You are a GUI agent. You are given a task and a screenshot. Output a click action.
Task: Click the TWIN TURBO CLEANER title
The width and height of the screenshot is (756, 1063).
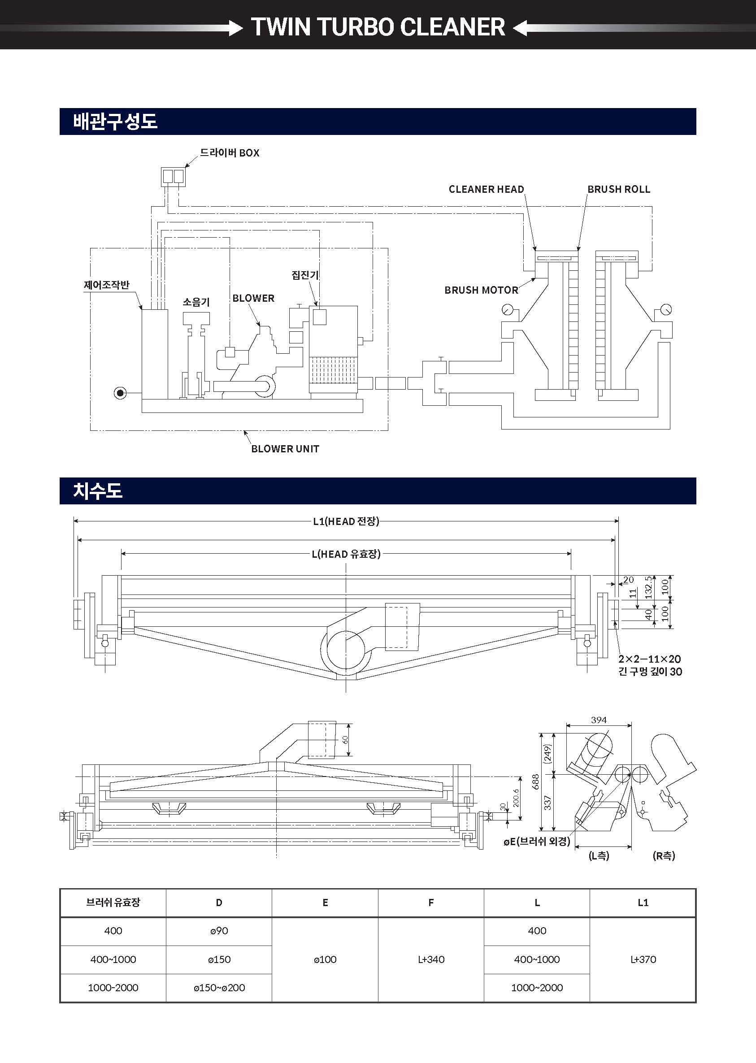pyautogui.click(x=378, y=26)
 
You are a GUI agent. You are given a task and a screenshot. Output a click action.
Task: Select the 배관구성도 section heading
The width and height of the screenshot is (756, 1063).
pyautogui.click(x=115, y=121)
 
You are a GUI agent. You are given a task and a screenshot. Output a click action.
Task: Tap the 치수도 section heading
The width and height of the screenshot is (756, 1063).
pyautogui.click(x=97, y=491)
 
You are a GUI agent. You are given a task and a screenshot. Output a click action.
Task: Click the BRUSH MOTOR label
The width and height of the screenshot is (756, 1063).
pyautogui.click(x=481, y=290)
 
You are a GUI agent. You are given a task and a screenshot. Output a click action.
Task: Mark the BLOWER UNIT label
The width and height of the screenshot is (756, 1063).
pyautogui.click(x=285, y=449)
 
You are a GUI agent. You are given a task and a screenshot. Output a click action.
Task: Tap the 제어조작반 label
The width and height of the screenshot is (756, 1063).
pyautogui.click(x=107, y=285)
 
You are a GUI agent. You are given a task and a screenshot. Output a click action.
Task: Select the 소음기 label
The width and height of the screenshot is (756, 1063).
pyautogui.click(x=196, y=303)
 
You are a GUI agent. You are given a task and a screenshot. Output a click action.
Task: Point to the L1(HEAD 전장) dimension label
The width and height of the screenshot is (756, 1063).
pyautogui.click(x=346, y=521)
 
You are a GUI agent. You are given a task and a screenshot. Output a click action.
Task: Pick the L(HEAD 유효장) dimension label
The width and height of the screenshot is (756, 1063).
pyautogui.click(x=346, y=554)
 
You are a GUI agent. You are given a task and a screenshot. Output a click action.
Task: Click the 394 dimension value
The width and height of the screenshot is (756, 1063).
pyautogui.click(x=599, y=720)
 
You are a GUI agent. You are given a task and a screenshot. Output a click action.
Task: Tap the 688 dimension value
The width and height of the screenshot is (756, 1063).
pyautogui.click(x=536, y=781)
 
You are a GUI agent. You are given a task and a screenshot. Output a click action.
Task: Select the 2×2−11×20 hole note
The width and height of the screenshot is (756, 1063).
pyautogui.click(x=649, y=659)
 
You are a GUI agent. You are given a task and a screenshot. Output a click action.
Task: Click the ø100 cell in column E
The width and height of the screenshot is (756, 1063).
pyautogui.click(x=325, y=959)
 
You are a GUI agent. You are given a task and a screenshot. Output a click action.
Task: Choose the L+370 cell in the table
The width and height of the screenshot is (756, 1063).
pyautogui.click(x=643, y=959)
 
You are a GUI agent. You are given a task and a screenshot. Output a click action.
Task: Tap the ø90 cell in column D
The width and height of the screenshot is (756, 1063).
pyautogui.click(x=219, y=931)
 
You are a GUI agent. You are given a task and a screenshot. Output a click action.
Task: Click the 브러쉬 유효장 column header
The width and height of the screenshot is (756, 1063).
pyautogui.click(x=113, y=902)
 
